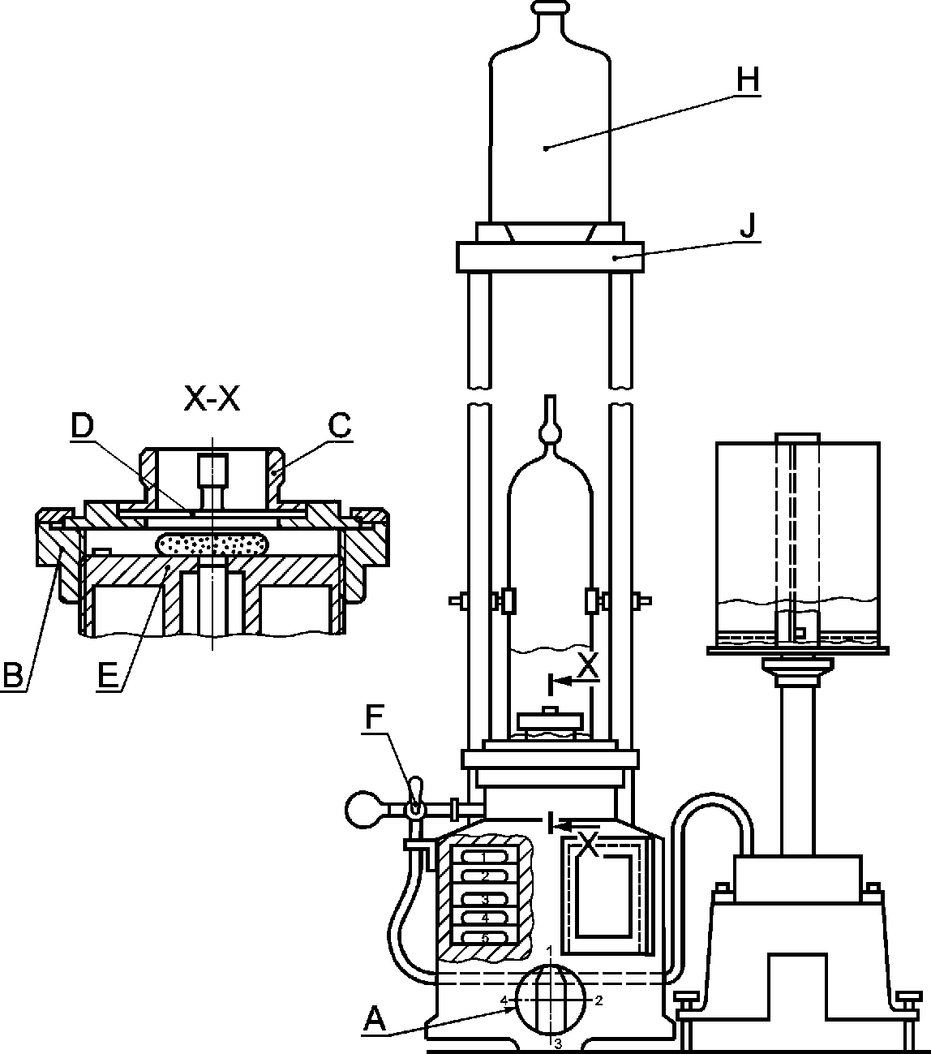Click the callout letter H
[748, 80]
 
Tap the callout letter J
[749, 226]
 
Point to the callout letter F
[375, 717]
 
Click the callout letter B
[14, 676]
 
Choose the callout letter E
[108, 676]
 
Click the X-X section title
[212, 399]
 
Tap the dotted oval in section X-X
[212, 545]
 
